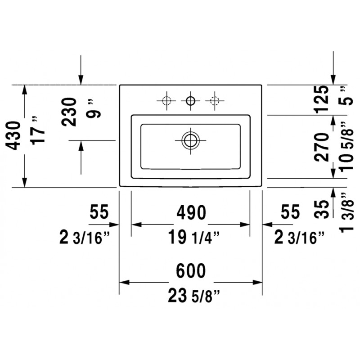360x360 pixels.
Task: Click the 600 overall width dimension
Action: [191, 270]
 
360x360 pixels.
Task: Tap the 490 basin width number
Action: [191, 212]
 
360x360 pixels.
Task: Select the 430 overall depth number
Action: [13, 135]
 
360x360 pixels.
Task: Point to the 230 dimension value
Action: [69, 112]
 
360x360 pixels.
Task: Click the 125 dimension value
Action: [322, 99]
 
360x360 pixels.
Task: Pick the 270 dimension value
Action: [322, 147]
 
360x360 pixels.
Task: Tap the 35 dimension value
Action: [322, 209]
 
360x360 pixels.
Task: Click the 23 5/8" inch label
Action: [194, 296]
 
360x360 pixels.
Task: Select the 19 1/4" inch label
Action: [194, 237]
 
